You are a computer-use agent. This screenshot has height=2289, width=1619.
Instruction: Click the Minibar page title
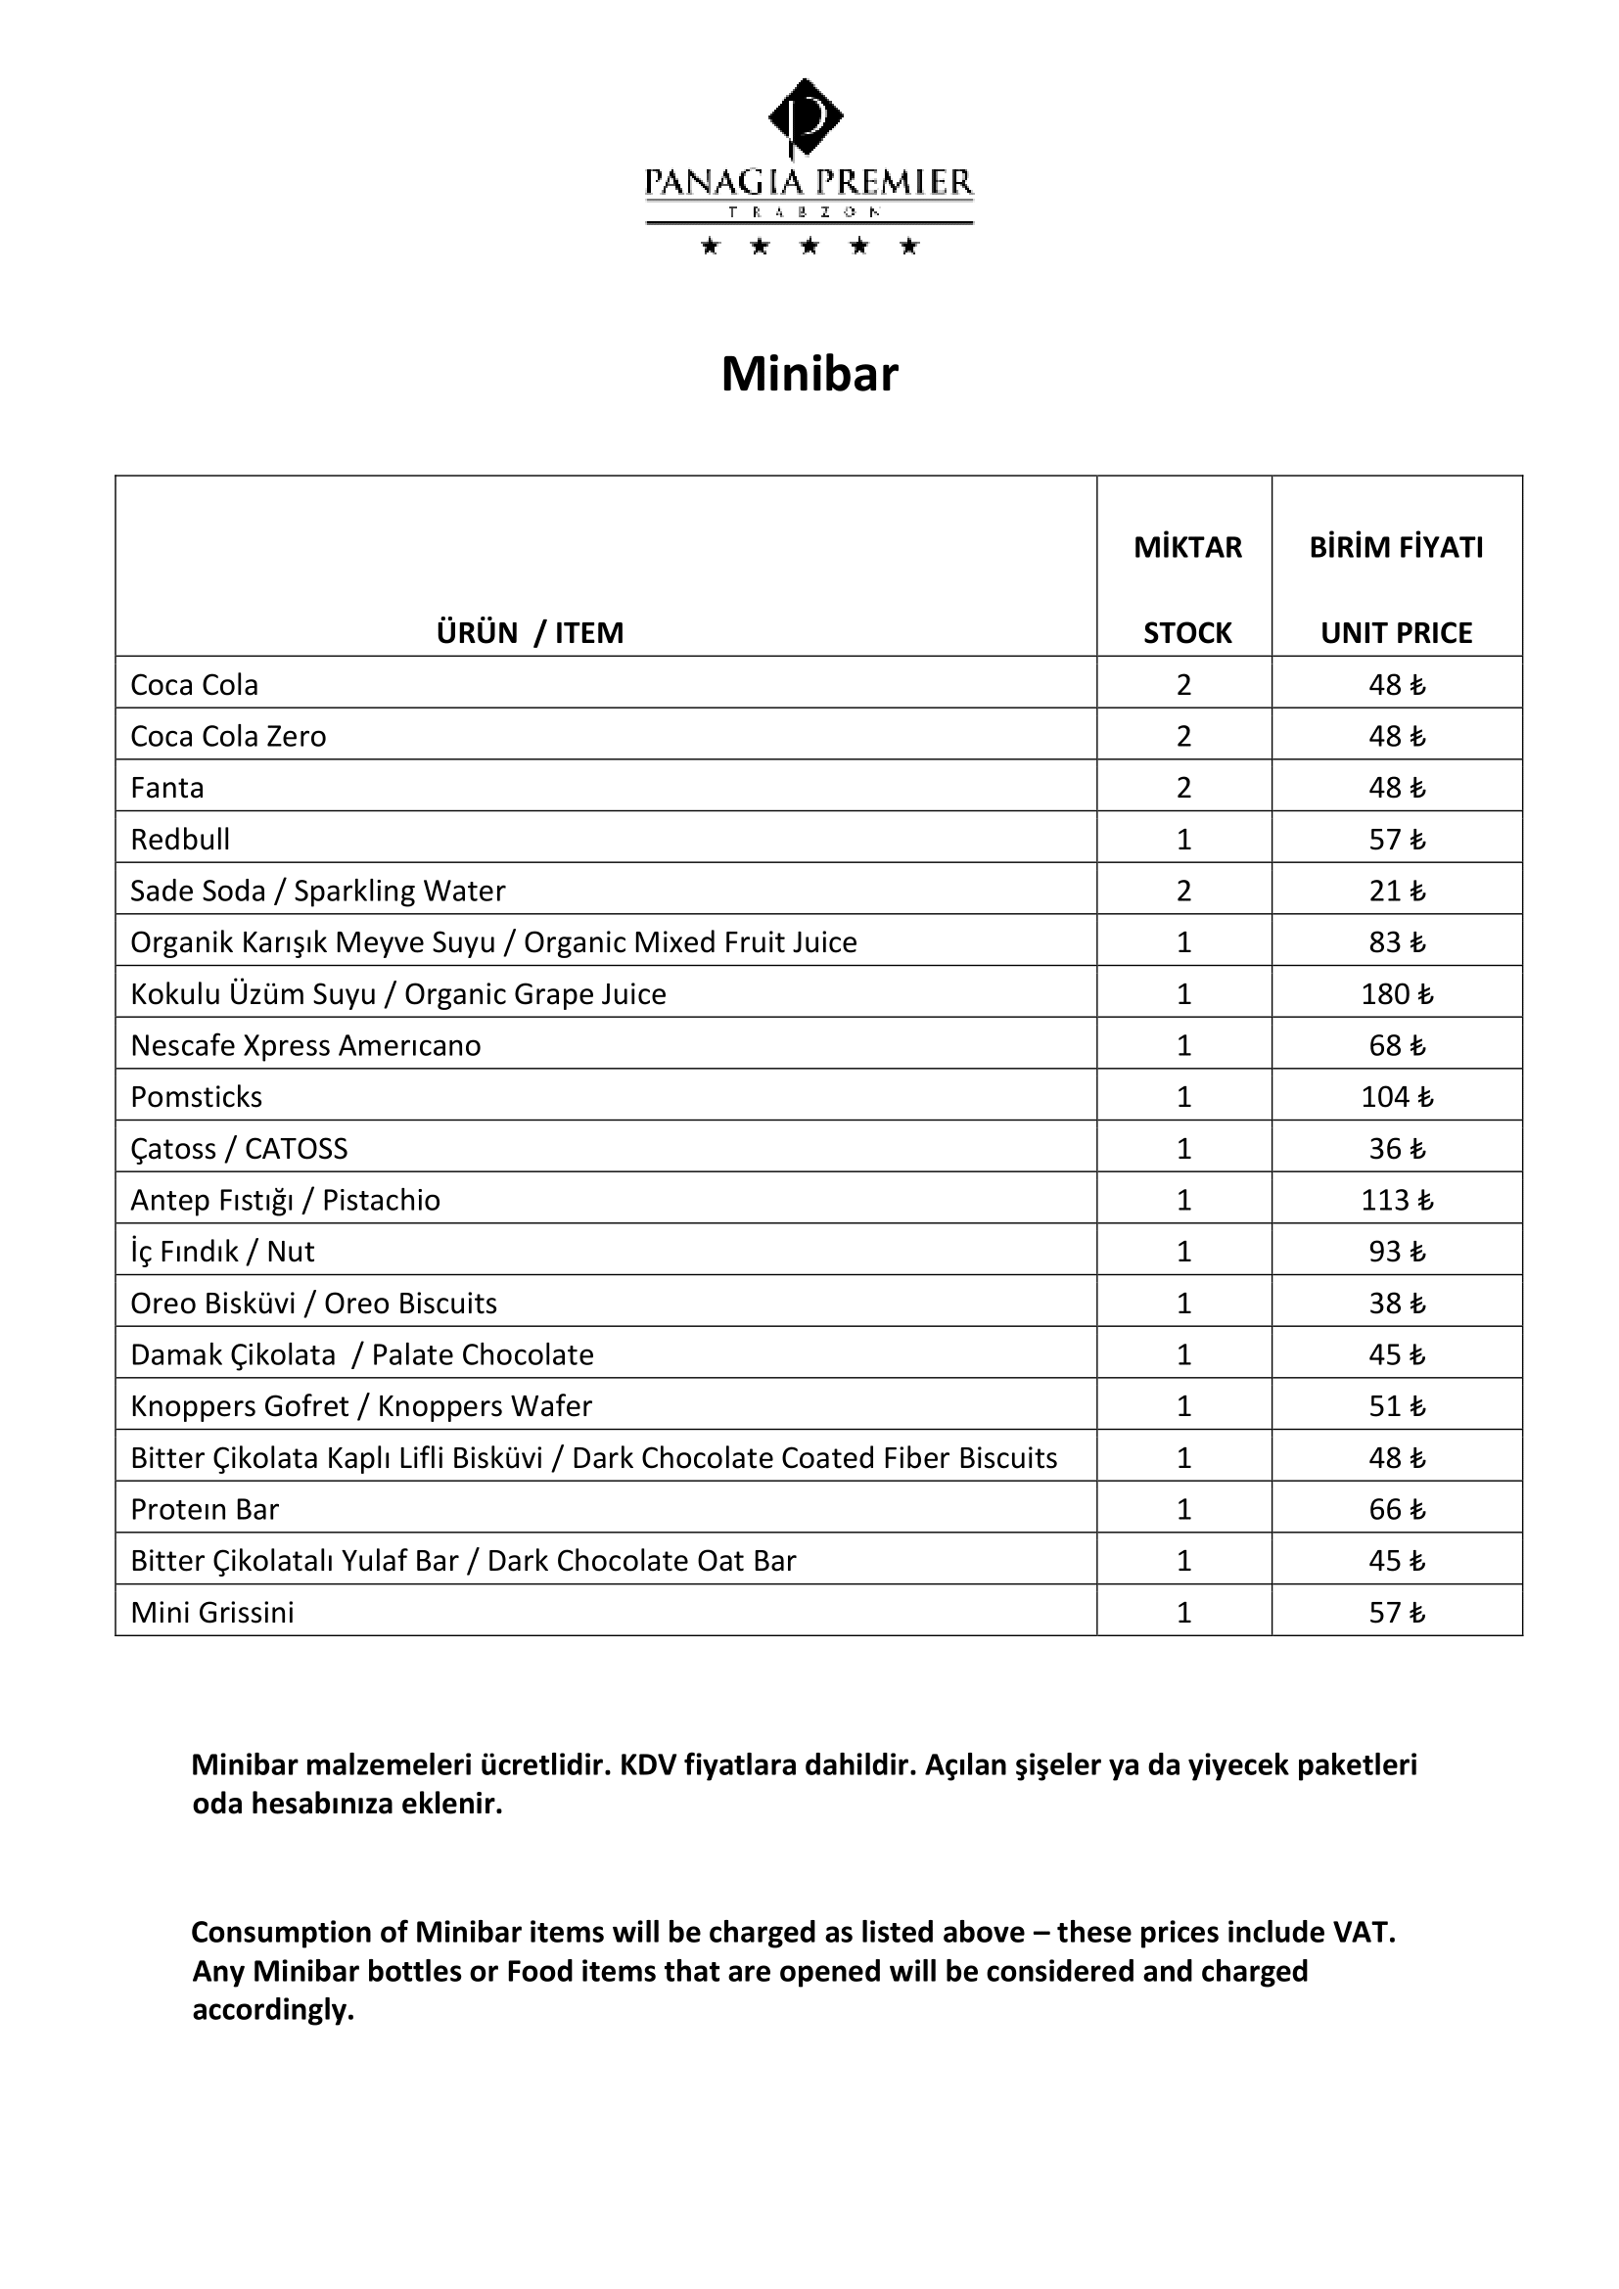pyautogui.click(x=809, y=375)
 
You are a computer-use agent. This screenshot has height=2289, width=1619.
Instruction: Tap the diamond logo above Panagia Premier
pyautogui.click(x=806, y=115)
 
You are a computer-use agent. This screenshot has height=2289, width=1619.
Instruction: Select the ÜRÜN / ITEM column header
pyautogui.click(x=530, y=633)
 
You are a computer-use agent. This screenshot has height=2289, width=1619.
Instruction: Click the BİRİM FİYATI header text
pyautogui.click(x=1396, y=547)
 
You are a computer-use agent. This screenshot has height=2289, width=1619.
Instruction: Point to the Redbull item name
pyautogui.click(x=180, y=840)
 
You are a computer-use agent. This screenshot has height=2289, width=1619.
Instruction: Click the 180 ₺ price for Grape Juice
pyautogui.click(x=1396, y=994)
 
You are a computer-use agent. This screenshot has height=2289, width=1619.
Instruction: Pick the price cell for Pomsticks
pyautogui.click(x=1396, y=1097)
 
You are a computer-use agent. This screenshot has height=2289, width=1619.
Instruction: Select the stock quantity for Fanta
pyautogui.click(x=1183, y=788)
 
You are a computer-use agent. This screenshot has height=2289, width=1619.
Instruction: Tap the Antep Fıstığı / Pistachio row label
pyautogui.click(x=285, y=1200)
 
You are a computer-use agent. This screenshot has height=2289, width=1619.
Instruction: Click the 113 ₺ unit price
pyautogui.click(x=1396, y=1200)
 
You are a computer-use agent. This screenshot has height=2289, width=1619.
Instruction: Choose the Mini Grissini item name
pyautogui.click(x=212, y=1612)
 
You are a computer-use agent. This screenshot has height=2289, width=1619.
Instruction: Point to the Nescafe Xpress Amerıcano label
pyautogui.click(x=305, y=1045)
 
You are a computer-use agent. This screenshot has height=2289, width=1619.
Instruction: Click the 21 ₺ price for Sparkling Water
pyautogui.click(x=1396, y=891)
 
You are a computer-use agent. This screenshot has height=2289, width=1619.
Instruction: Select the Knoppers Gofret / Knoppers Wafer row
pyautogui.click(x=361, y=1405)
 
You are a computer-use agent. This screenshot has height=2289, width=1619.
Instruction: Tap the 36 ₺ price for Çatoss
pyautogui.click(x=1396, y=1149)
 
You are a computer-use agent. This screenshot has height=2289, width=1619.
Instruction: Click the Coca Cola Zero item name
pyautogui.click(x=228, y=736)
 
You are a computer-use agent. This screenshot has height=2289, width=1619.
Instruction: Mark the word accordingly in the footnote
pyautogui.click(x=273, y=2009)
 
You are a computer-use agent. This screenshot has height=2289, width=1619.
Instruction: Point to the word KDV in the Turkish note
pyautogui.click(x=647, y=1764)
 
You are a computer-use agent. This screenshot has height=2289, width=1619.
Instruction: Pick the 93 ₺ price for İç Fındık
pyautogui.click(x=1396, y=1252)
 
